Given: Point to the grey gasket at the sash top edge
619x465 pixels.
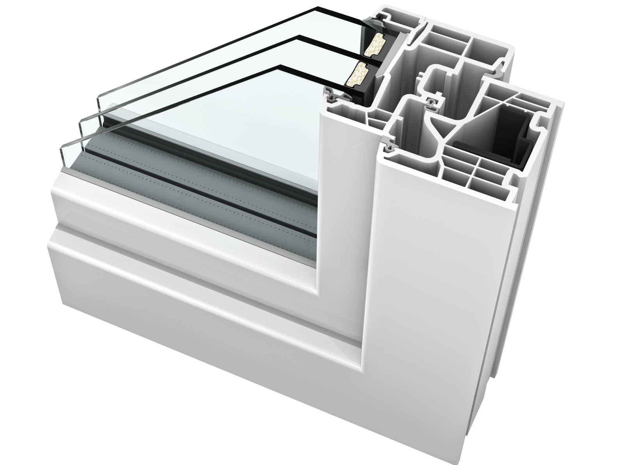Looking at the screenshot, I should click(x=331, y=93).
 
